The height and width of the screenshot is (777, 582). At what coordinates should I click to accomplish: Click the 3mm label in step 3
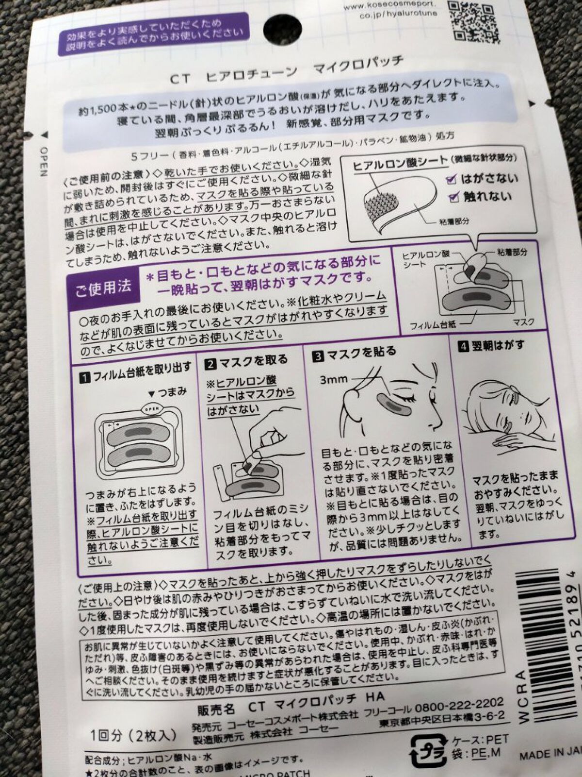(x=334, y=378)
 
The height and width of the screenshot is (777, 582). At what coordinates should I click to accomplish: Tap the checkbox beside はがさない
(x=451, y=179)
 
